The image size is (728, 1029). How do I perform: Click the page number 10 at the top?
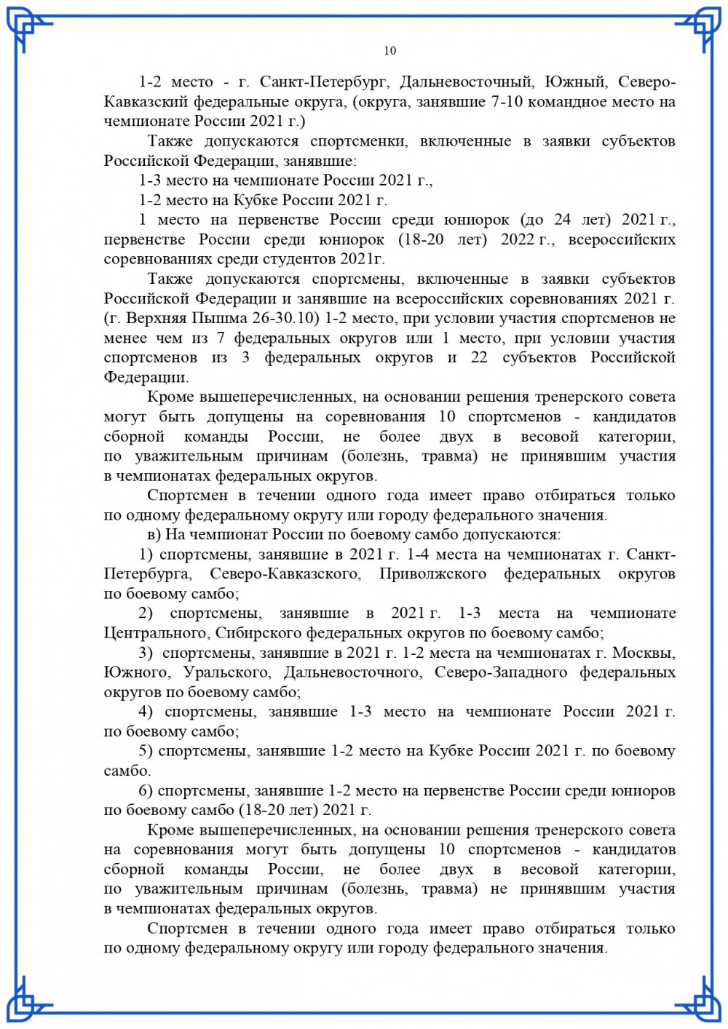[x=389, y=50]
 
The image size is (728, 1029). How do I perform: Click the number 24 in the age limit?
[x=562, y=219]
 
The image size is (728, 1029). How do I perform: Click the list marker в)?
[x=154, y=534]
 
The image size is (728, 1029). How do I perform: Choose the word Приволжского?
[x=432, y=573]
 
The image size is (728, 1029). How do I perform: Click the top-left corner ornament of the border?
[x=29, y=29]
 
